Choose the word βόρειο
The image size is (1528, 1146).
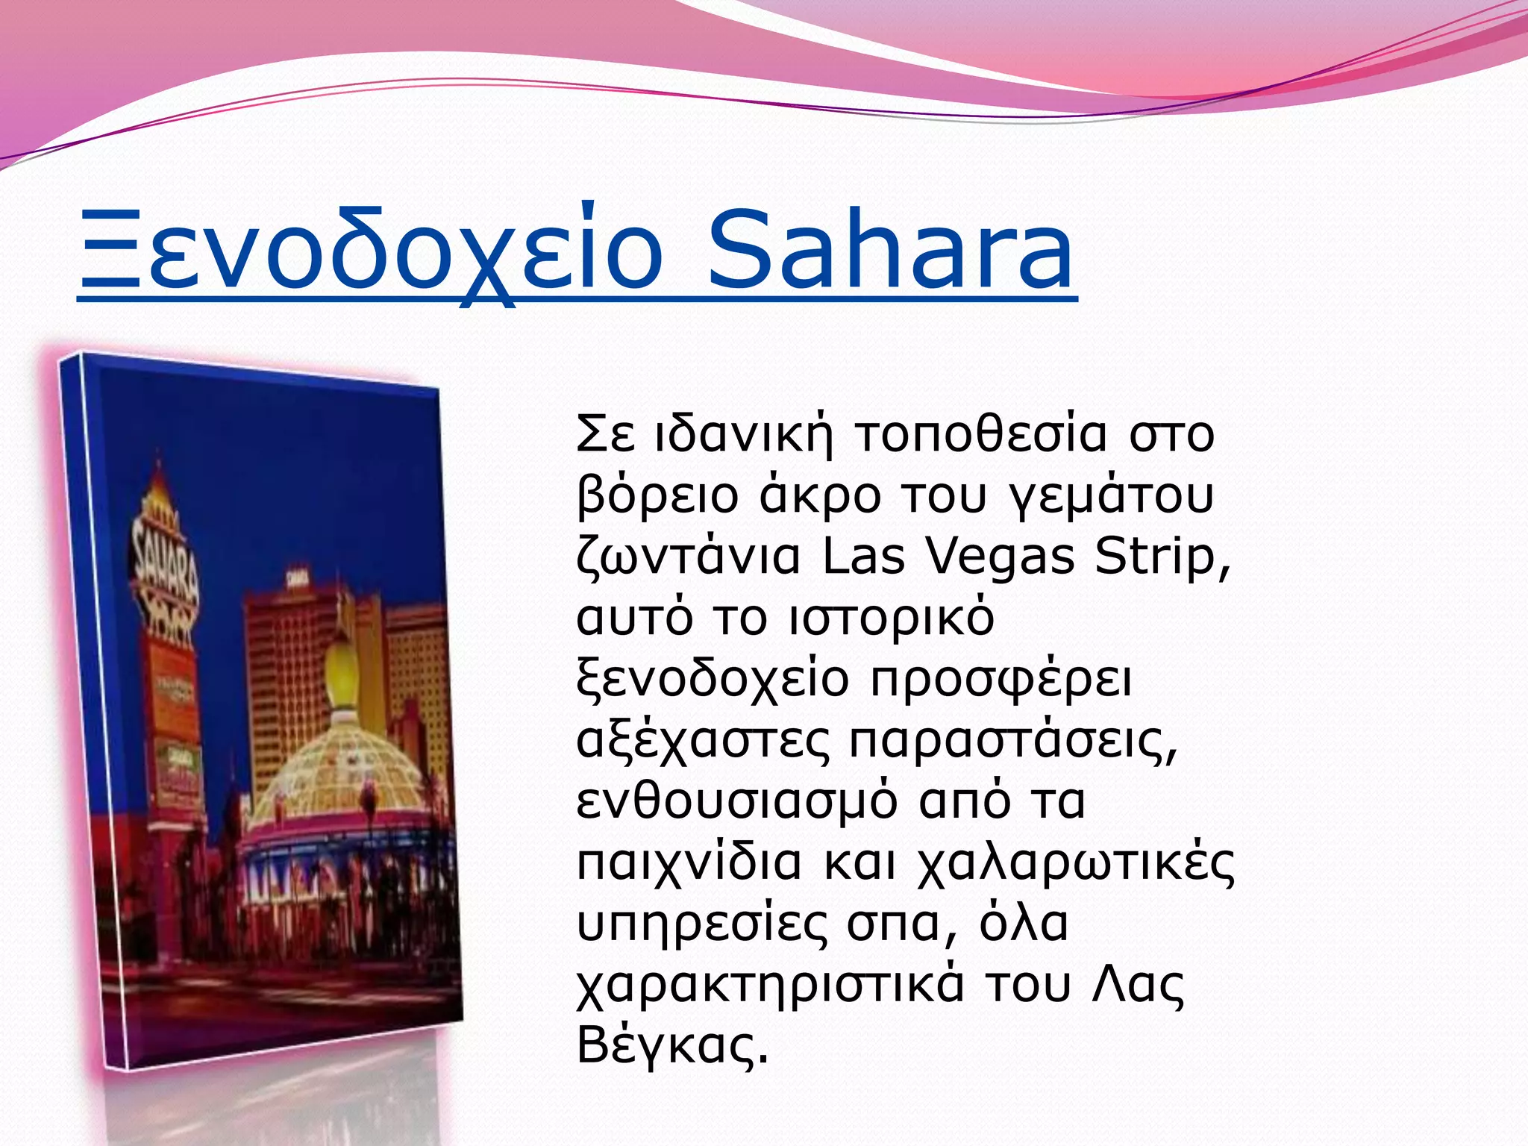[x=658, y=496]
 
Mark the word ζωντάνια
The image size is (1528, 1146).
[x=688, y=558]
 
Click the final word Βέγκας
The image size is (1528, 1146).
[x=671, y=1045]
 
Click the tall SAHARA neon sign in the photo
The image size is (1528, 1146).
[x=165, y=567]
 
